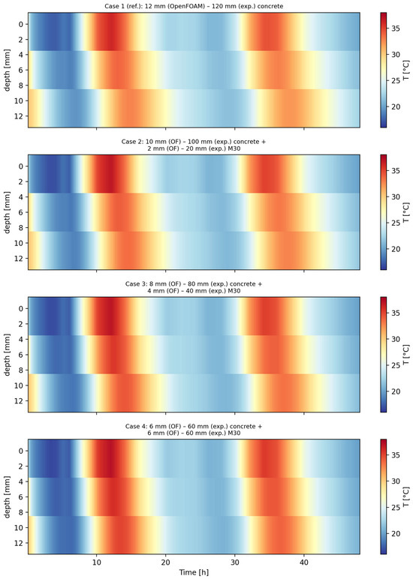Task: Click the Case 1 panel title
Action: (x=194, y=6)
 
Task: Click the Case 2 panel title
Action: (x=194, y=145)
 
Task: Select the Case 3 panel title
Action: (x=194, y=287)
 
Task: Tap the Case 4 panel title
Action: (x=194, y=430)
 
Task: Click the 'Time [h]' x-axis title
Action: (x=194, y=572)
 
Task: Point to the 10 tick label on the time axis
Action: (x=97, y=562)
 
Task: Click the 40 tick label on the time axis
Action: (x=304, y=562)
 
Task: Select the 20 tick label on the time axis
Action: (x=166, y=562)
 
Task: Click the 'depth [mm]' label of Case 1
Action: (x=7, y=70)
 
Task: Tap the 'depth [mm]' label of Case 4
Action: (x=7, y=496)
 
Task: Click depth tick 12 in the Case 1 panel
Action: (x=20, y=116)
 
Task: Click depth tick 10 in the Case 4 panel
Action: (x=20, y=528)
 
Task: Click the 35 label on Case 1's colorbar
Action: (x=396, y=28)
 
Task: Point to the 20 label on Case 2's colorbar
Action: (x=396, y=249)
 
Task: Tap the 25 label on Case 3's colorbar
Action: (x=396, y=365)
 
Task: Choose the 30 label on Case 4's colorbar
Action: (x=396, y=481)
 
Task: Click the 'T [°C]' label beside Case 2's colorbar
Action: (x=406, y=212)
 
